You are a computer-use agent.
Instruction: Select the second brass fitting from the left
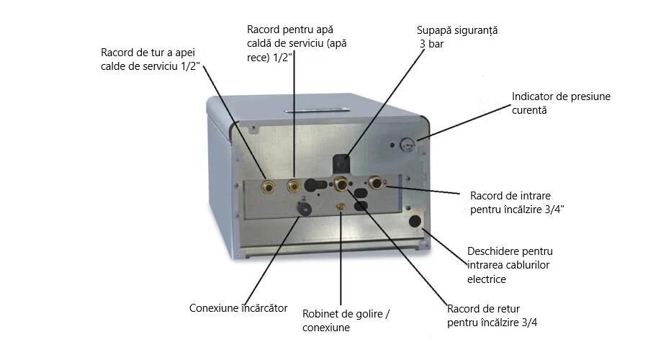point(293,186)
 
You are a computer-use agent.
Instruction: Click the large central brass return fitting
point(342,184)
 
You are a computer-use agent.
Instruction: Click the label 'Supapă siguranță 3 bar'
point(457,37)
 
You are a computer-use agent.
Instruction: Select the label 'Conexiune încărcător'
point(238,308)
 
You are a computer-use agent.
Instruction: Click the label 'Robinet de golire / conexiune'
point(348,321)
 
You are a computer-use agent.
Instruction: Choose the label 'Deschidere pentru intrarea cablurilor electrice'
point(510,265)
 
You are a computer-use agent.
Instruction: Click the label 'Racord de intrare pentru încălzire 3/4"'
point(516,202)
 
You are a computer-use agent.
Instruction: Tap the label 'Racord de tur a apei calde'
point(150,59)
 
